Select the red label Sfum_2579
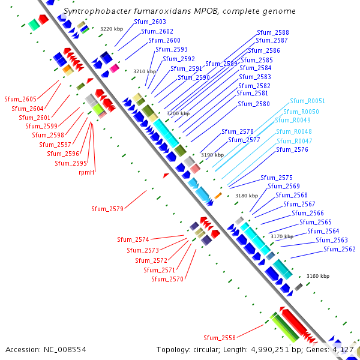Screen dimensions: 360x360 click(107, 209)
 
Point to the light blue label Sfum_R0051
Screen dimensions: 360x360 click(307, 101)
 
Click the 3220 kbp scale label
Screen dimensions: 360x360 click(110, 29)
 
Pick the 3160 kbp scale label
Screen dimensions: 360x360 click(318, 277)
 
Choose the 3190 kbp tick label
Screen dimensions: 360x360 click(212, 155)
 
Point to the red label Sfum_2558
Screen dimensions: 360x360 click(220, 338)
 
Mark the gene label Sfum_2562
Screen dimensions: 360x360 click(340, 250)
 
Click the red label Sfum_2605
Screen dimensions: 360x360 click(20, 99)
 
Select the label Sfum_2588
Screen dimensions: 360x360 click(272, 32)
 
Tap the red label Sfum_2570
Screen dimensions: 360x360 click(167, 279)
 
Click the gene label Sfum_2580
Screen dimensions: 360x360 click(254, 104)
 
